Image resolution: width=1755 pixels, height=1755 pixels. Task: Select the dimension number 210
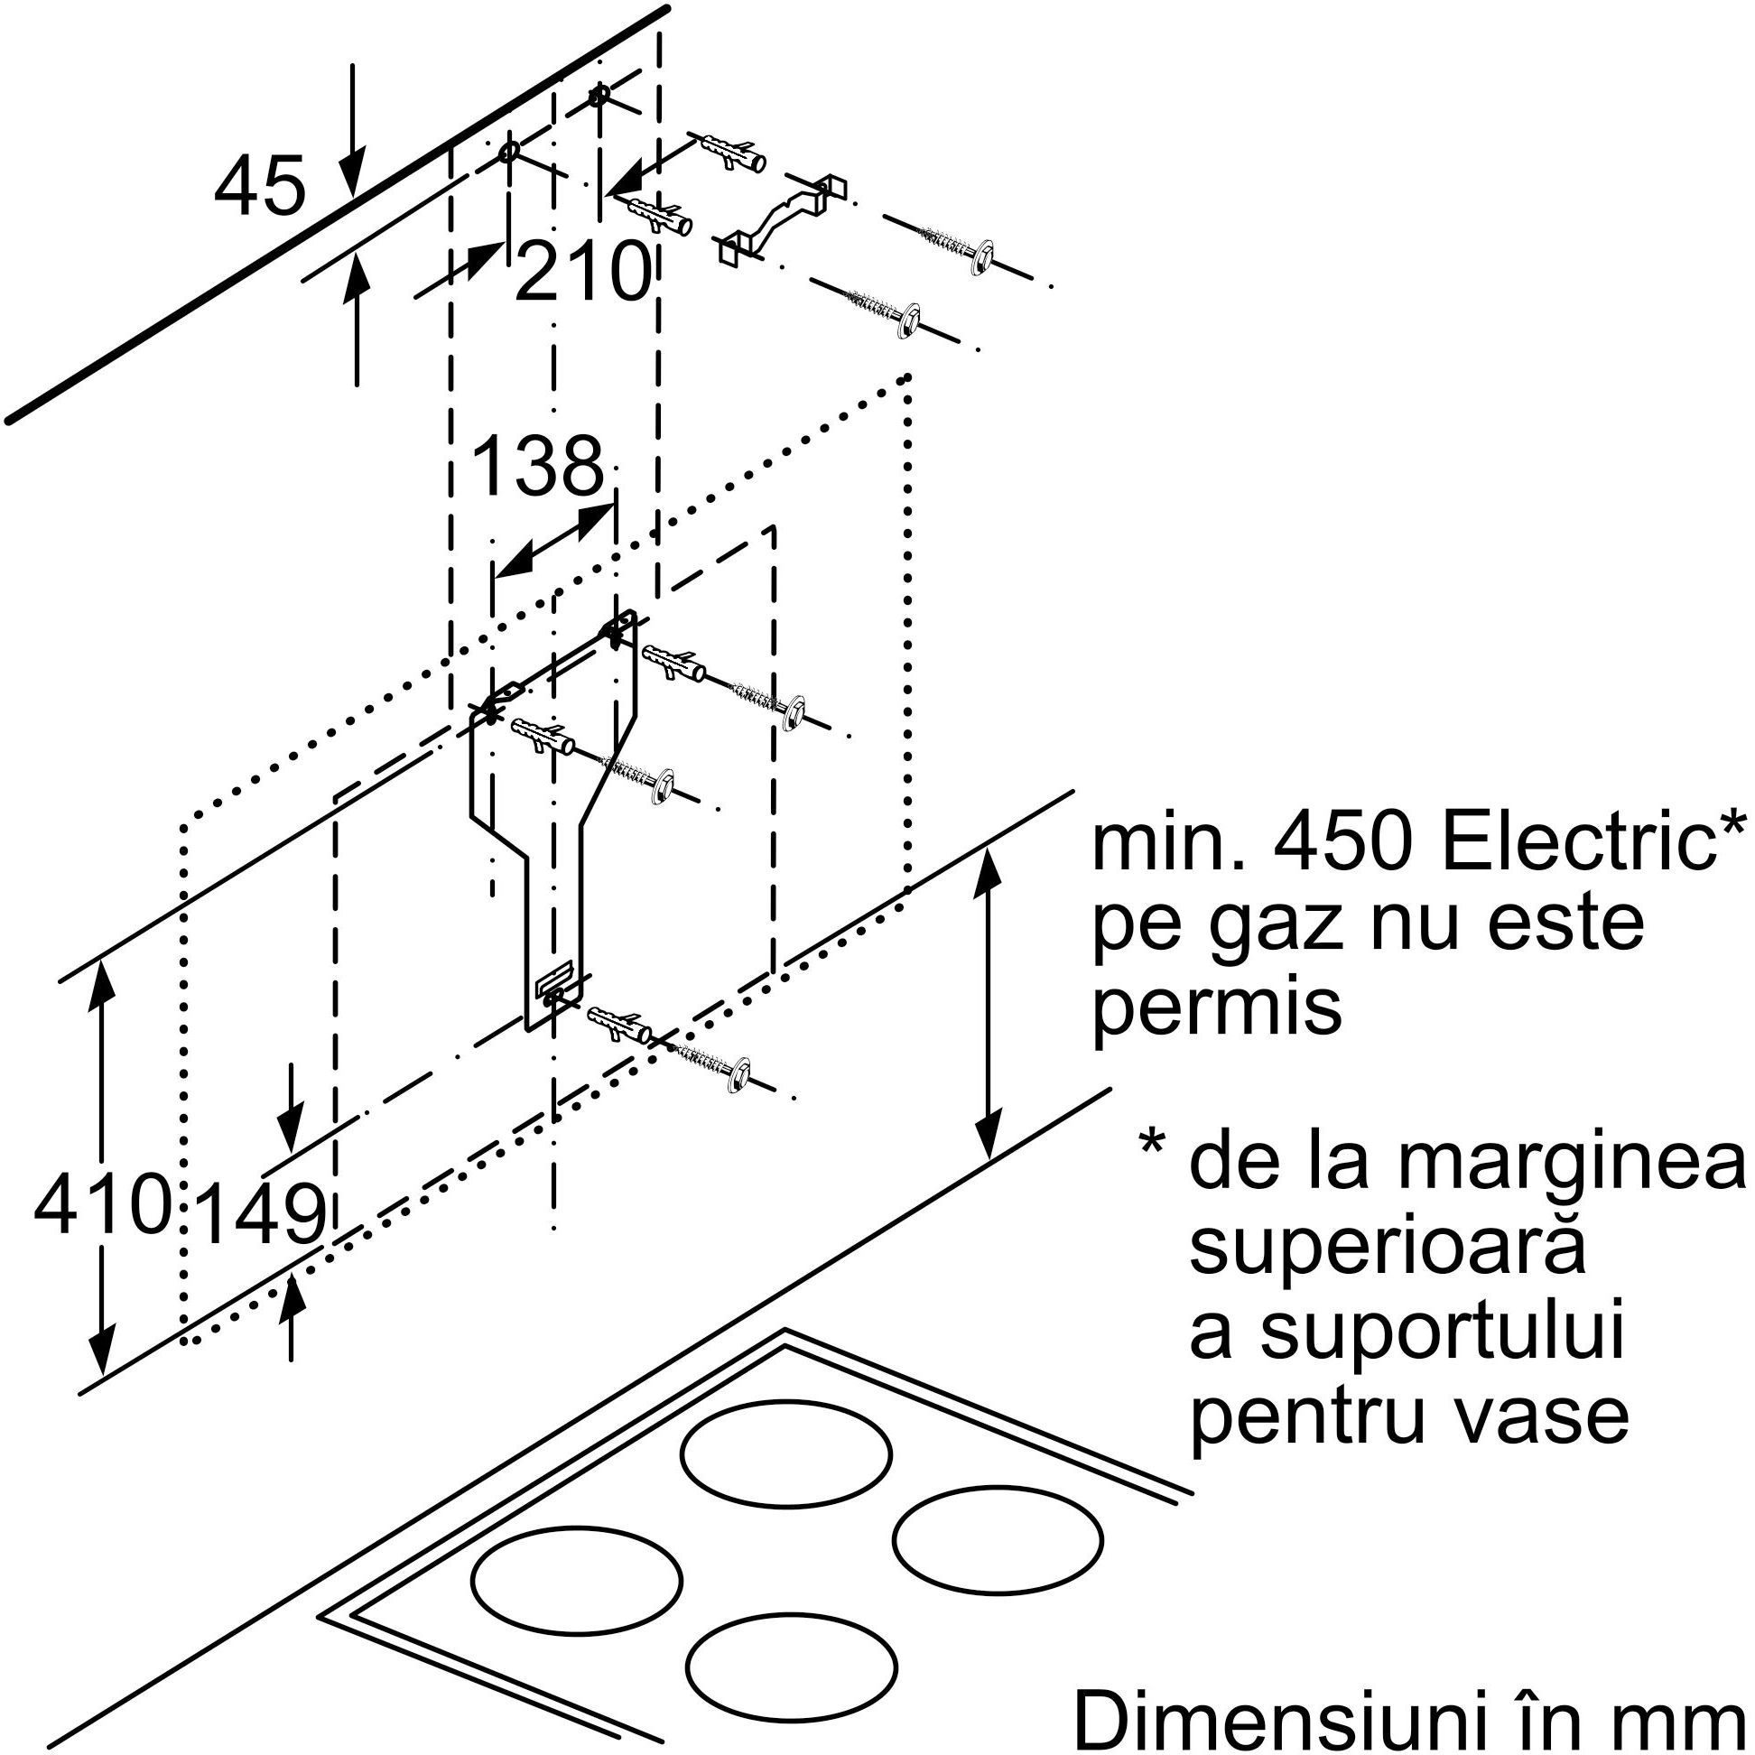pos(582,271)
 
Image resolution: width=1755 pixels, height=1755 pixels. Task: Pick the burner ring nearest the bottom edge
pos(792,1663)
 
